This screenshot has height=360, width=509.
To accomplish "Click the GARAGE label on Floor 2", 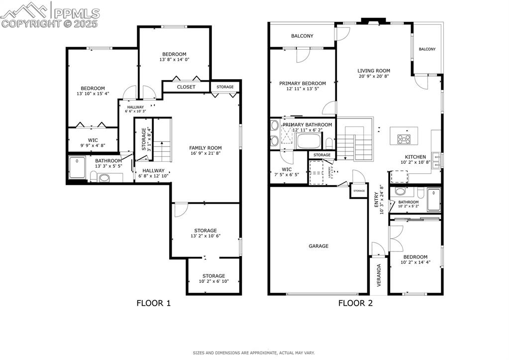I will [318, 246].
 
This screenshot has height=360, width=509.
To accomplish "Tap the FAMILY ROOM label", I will [205, 148].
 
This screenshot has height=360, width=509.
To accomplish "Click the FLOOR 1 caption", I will [154, 303].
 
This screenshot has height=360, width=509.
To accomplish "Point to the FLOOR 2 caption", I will [355, 303].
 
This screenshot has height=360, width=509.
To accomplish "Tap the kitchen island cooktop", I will [404, 139].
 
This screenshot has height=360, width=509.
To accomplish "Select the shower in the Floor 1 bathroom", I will [77, 168].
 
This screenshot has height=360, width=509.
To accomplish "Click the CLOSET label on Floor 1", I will [186, 87].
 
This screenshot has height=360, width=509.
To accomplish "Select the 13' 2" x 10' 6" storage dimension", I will [205, 236].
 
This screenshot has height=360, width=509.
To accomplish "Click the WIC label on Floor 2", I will [287, 169].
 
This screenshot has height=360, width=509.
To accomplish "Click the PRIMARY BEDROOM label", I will [303, 83].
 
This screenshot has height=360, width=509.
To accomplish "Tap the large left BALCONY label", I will [302, 36].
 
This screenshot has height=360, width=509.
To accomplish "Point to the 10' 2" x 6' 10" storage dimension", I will [213, 282].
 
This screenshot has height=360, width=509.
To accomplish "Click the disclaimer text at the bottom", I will [254, 353].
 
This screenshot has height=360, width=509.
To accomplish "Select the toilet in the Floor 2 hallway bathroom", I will [421, 193].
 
